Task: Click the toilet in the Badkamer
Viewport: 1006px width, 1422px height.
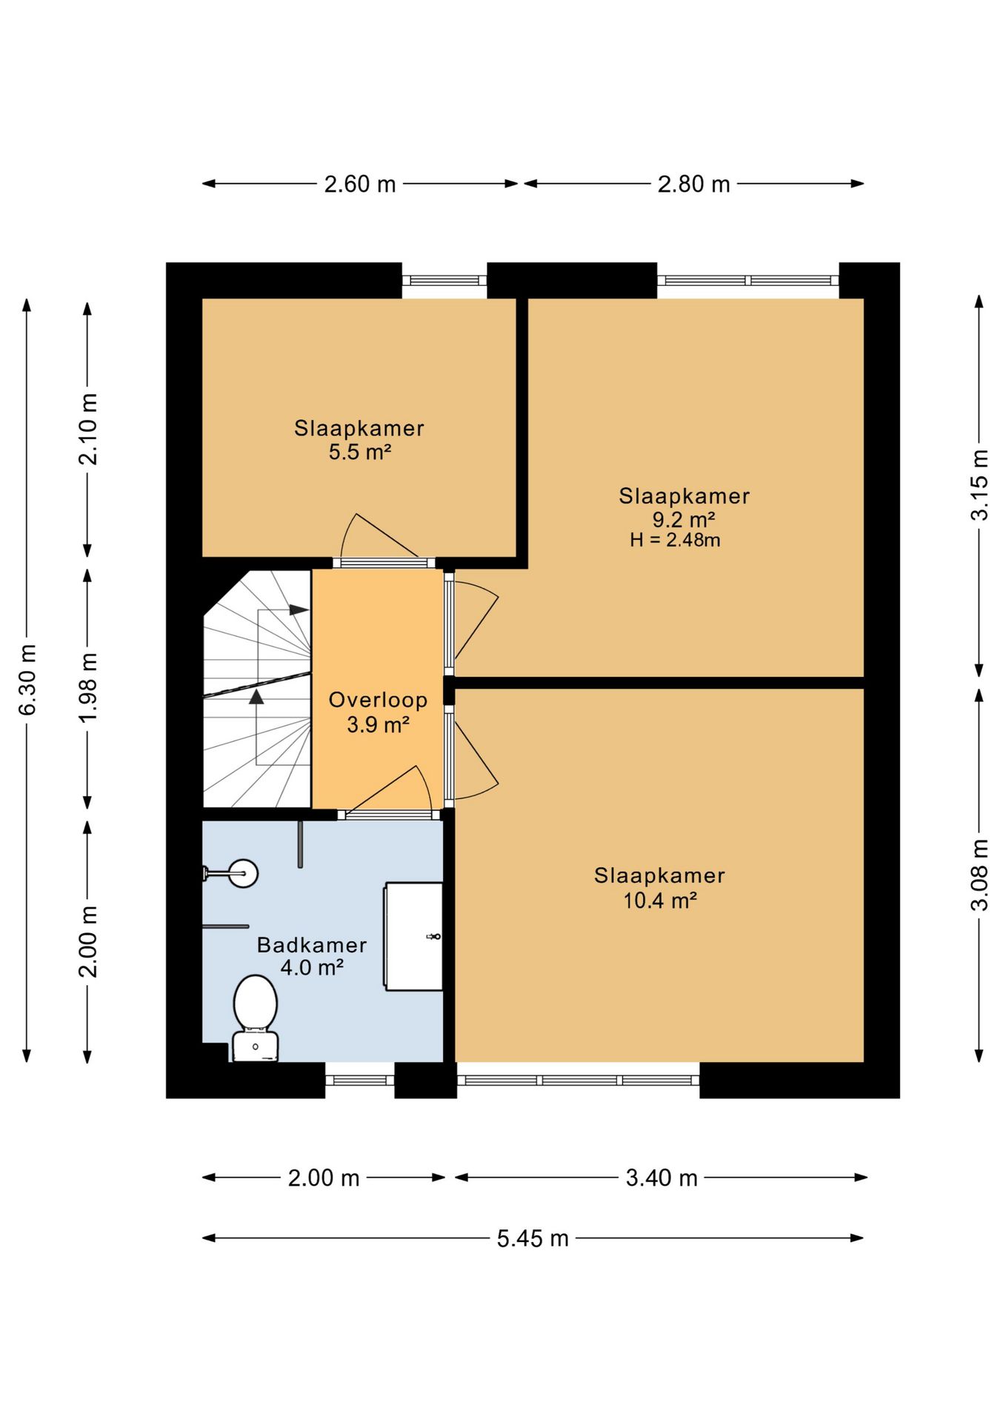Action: tap(256, 1018)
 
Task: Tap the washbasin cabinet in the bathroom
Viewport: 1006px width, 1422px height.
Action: tap(413, 936)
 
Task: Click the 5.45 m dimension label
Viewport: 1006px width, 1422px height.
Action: tap(533, 1238)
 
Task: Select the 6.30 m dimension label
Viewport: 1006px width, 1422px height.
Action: tap(27, 680)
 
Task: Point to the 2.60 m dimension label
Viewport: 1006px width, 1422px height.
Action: tap(360, 184)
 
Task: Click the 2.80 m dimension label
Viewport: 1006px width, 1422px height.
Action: tap(694, 184)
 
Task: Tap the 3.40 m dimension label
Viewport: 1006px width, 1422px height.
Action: tap(662, 1178)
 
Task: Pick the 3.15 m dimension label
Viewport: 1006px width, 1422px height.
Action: tap(979, 484)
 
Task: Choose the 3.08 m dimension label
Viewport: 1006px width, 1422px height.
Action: tap(979, 875)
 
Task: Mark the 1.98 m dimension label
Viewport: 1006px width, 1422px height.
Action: tap(87, 688)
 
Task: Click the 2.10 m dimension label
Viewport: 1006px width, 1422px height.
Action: tap(87, 429)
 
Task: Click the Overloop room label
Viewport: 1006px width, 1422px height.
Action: tap(378, 700)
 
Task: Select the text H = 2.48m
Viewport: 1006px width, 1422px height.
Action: tap(675, 540)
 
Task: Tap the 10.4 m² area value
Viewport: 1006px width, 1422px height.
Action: tap(660, 901)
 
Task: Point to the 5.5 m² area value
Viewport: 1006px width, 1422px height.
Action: tap(360, 452)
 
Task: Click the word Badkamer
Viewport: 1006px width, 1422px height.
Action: tap(312, 945)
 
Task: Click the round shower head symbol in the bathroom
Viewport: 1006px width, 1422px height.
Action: tap(243, 873)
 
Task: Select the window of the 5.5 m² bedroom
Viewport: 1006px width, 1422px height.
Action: tap(444, 281)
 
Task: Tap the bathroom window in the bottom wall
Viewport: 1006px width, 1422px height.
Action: tap(360, 1081)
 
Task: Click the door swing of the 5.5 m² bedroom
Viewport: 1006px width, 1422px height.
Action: tap(378, 535)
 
